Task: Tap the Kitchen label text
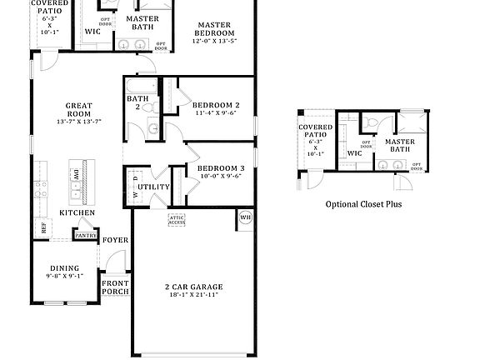tap(77, 212)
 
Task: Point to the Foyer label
tap(114, 240)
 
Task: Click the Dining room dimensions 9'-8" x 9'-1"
tap(64, 276)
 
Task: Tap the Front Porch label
tap(115, 287)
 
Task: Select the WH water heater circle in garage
tap(245, 217)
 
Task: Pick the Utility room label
tap(154, 187)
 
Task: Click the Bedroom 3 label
tap(220, 167)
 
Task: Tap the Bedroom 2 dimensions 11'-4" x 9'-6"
tap(217, 114)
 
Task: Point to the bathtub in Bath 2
tap(138, 86)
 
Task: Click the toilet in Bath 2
tap(152, 126)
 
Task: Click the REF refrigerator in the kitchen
tap(43, 225)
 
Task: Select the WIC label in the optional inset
tap(354, 153)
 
